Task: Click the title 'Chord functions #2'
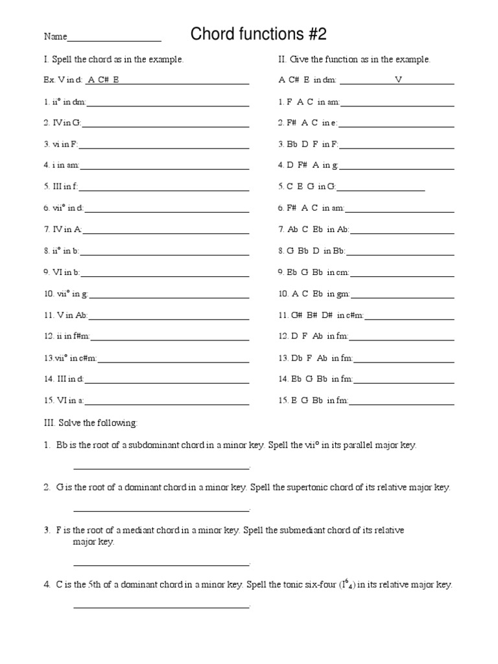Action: (x=254, y=34)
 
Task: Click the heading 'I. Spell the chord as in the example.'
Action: (x=113, y=60)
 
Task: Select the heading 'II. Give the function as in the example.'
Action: (x=354, y=60)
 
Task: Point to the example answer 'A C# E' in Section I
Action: (x=103, y=81)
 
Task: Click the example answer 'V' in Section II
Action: (x=398, y=81)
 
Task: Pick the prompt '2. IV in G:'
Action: (x=63, y=123)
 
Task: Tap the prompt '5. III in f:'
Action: (x=61, y=187)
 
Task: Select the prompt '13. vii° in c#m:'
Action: (x=71, y=357)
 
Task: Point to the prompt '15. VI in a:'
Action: (x=64, y=401)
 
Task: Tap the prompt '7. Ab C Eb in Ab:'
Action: (x=314, y=230)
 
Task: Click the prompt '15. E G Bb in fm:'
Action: (x=314, y=401)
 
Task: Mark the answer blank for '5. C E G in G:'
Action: (x=381, y=189)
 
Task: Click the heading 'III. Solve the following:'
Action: (x=91, y=423)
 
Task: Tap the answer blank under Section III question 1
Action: (x=161, y=467)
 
